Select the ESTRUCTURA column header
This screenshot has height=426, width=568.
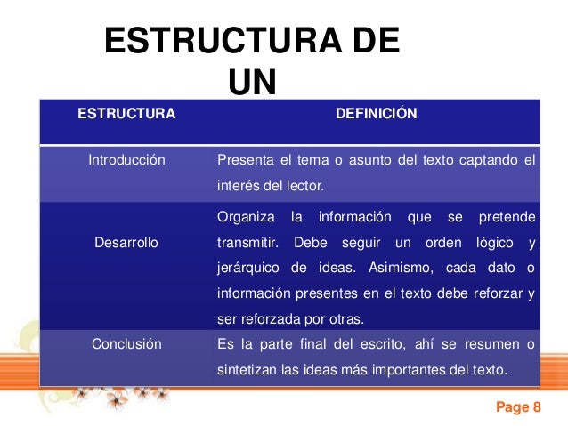point(127,114)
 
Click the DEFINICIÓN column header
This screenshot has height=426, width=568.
point(376,114)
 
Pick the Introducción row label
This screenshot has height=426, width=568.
point(127,161)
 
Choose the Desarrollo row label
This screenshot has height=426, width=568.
point(126,242)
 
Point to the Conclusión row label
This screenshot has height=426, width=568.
point(127,344)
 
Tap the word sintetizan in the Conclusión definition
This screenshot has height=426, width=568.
point(246,370)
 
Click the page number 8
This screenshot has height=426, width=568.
point(537,408)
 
